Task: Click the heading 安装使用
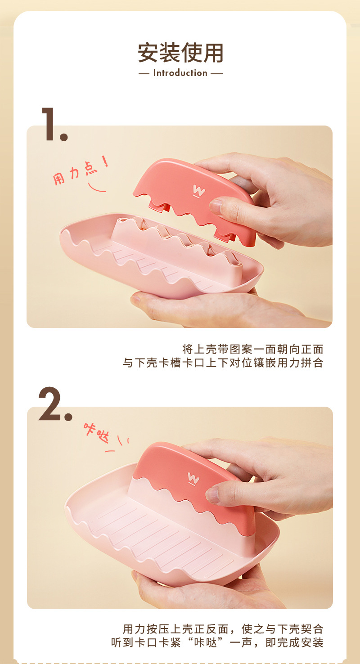click(x=180, y=53)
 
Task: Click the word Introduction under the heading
click(x=180, y=73)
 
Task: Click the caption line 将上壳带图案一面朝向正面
click(x=252, y=349)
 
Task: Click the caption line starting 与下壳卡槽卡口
click(x=223, y=363)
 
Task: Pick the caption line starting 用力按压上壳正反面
click(x=223, y=629)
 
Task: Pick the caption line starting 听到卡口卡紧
click(x=217, y=643)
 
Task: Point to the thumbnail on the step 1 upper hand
click(x=216, y=206)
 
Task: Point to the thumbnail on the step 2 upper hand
click(x=213, y=494)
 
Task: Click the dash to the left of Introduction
click(x=144, y=73)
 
